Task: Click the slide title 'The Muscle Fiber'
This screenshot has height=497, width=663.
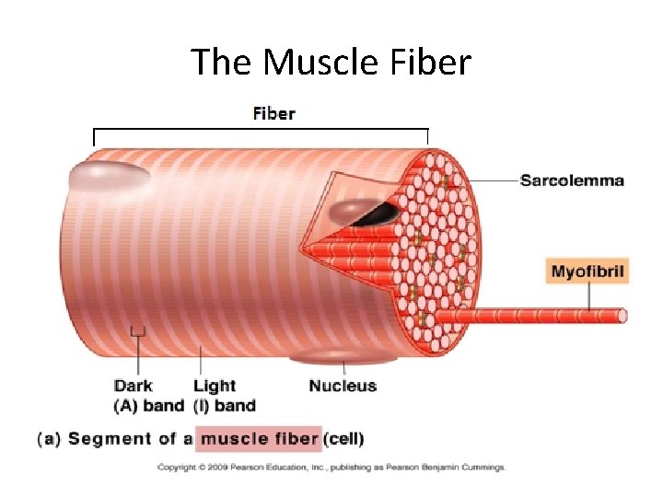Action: coord(331,63)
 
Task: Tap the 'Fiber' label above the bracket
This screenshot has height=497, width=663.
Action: coord(273,114)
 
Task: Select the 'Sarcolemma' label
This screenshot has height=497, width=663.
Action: coord(571,180)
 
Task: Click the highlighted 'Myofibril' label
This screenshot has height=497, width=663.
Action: coord(588,272)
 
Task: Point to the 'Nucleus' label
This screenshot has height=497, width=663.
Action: coord(343,386)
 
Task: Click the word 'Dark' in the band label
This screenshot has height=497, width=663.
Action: coord(133,386)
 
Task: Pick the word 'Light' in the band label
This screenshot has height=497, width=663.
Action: coord(215,386)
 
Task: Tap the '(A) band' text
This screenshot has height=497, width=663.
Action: coord(148,406)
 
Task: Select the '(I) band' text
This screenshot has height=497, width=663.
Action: coord(224,406)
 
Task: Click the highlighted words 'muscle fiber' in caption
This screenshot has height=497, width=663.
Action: coord(260,439)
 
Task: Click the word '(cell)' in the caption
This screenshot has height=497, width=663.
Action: coord(343,439)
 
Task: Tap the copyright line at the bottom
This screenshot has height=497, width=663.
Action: coord(331,468)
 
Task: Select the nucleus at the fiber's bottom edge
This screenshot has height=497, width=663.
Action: coord(327,359)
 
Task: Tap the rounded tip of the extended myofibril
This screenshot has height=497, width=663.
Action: coord(622,317)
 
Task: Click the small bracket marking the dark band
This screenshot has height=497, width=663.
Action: coord(138,332)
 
